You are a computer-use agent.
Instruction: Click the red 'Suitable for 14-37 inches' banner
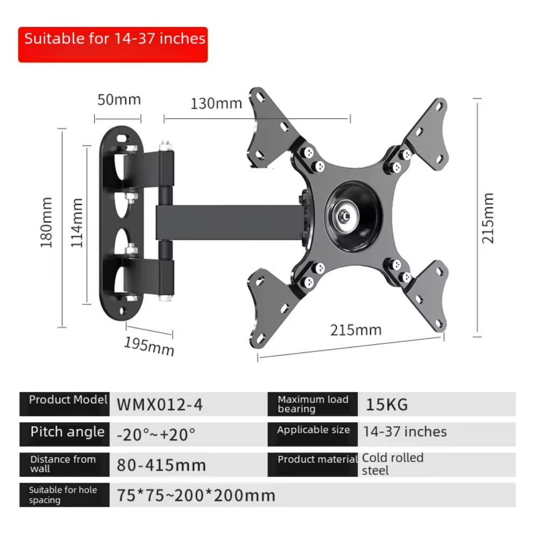[x=113, y=45]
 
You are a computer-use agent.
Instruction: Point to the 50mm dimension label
[x=119, y=100]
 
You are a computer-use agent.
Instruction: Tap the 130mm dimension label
[x=216, y=104]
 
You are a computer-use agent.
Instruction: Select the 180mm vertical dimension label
[x=46, y=222]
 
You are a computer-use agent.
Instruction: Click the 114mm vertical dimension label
[x=77, y=223]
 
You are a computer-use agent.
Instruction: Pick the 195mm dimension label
[x=149, y=346]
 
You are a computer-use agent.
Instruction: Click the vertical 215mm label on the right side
[x=487, y=218]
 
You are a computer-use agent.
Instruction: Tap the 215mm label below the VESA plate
[x=356, y=330]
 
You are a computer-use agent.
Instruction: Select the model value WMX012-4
[x=160, y=405]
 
